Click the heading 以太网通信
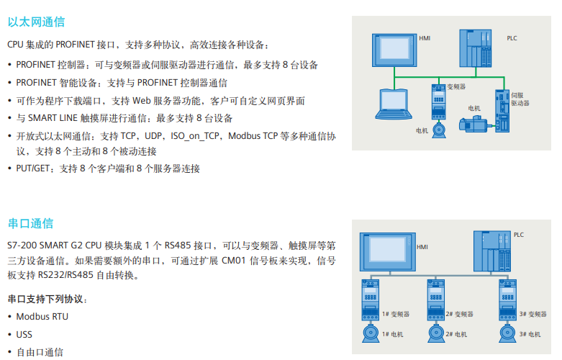[x=36, y=22]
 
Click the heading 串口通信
[x=30, y=223]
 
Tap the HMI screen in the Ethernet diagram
[x=394, y=50]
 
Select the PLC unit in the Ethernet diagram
[x=475, y=48]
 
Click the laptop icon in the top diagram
[x=394, y=104]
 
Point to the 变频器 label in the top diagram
[x=456, y=87]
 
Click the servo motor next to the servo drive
[x=473, y=124]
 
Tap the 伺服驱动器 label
[x=520, y=99]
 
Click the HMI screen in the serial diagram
[x=388, y=252]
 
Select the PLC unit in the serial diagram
[x=492, y=251]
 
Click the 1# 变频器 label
[x=396, y=314]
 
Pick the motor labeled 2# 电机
[x=436, y=333]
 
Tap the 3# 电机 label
[x=530, y=334]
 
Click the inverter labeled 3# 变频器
[x=507, y=300]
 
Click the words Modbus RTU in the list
[x=42, y=317]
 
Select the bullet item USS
[x=24, y=335]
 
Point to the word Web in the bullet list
[x=142, y=101]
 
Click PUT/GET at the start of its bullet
[x=32, y=168]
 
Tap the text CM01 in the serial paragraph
[x=234, y=261]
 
